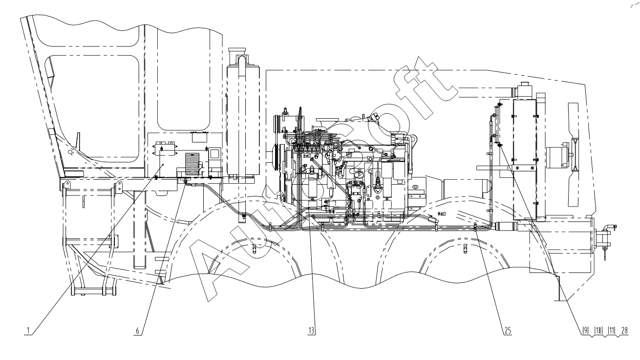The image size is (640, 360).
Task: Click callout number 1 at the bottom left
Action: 29,331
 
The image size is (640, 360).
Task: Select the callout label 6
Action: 139,331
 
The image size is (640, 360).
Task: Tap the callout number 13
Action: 311,331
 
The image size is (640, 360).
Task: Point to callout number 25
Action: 508,331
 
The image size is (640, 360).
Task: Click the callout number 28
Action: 624,331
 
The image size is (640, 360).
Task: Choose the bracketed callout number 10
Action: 597,331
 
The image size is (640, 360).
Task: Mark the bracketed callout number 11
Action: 611,331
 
